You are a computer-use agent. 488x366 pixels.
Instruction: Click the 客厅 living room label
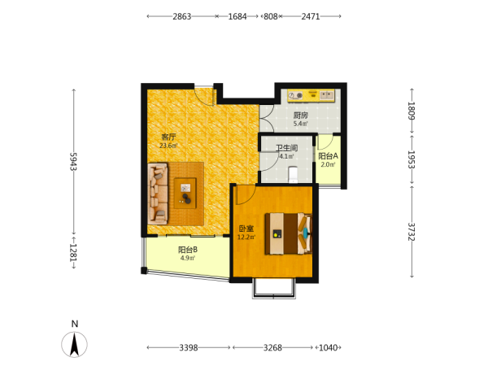pos(168,137)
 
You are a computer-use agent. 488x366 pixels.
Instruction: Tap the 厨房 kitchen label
pos(301,115)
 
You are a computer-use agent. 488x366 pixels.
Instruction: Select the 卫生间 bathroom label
pos(286,148)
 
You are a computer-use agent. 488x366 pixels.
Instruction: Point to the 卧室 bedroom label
pos(246,229)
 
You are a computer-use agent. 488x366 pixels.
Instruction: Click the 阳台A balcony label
pos(328,156)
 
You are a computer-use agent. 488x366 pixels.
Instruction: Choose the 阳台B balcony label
pos(188,250)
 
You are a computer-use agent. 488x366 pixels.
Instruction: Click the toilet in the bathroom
pos(293,175)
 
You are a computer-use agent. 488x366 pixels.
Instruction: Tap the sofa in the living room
pos(158,194)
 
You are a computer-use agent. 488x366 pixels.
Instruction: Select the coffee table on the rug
pos(185,194)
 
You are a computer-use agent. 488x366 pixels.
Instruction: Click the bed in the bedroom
pos(289,233)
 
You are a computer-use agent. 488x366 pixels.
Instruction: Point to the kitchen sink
pos(326,94)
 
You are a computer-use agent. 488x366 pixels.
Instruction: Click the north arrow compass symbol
pos(74,344)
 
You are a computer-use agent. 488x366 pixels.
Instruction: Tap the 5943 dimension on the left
pos(73,162)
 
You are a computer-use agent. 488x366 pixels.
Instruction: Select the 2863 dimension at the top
pos(182,16)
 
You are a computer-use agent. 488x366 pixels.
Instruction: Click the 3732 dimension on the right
pos(412,232)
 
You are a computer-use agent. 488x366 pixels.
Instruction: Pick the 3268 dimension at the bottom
pos(272,347)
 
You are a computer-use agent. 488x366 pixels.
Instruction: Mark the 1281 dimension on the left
pos(73,252)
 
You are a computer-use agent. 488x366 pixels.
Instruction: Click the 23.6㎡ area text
pos(168,146)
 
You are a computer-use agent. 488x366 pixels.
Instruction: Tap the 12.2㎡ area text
pos(246,237)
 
